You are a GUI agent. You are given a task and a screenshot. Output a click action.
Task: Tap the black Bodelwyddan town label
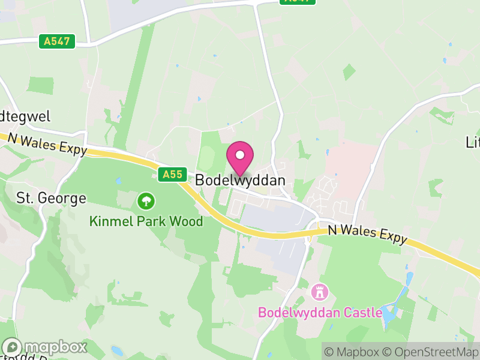point(239,180)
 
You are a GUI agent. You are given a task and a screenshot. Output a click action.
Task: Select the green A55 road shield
point(171,175)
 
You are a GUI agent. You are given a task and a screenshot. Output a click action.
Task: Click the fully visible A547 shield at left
point(58,41)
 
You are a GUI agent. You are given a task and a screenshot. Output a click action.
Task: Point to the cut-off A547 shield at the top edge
point(298,2)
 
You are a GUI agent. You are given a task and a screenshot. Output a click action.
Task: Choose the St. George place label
point(51,198)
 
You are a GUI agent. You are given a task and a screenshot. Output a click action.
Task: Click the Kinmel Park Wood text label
point(146,221)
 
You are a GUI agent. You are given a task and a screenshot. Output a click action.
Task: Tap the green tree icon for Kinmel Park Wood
point(145,200)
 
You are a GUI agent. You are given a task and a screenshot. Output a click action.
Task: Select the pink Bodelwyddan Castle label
point(320,313)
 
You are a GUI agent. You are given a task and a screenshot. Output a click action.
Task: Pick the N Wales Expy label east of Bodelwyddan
point(367,235)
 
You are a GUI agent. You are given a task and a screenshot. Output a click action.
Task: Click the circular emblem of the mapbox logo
point(13,347)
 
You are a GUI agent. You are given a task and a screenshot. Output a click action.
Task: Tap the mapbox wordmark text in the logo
point(55,347)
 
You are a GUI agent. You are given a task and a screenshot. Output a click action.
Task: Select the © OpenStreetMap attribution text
point(431,352)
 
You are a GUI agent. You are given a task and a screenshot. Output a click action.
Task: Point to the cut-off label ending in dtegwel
point(25,116)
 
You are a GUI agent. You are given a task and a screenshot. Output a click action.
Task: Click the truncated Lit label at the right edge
point(472,142)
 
